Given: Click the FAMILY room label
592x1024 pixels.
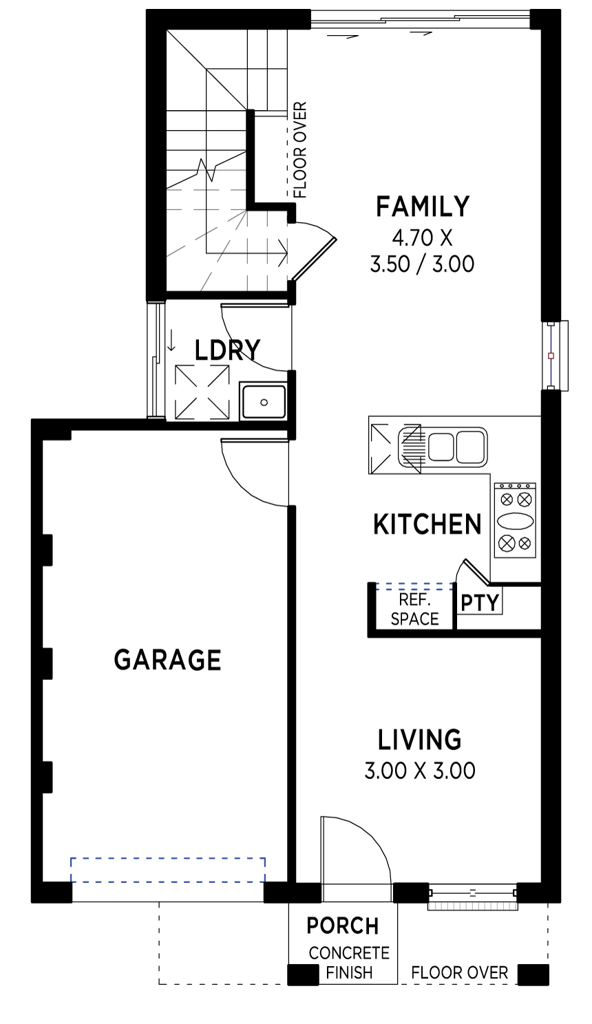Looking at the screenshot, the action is click(x=423, y=206).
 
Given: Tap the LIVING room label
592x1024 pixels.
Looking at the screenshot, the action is click(x=420, y=740).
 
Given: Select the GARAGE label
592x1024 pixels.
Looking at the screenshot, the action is click(x=167, y=660).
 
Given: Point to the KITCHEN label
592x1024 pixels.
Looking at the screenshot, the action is click(x=427, y=524).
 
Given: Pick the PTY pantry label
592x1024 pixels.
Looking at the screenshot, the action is click(x=480, y=603).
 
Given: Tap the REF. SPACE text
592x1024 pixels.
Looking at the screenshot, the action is click(x=414, y=609).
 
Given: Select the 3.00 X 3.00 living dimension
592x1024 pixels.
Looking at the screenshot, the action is click(x=420, y=771).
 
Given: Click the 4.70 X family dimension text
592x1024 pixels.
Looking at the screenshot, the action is click(x=422, y=237).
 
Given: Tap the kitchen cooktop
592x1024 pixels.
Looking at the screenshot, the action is click(x=515, y=521).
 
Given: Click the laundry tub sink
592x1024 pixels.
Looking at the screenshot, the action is click(x=264, y=403).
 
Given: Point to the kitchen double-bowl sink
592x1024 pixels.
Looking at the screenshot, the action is click(x=442, y=447).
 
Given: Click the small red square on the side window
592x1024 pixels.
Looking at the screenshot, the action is click(x=551, y=355).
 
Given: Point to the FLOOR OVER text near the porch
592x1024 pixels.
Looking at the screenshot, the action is click(x=459, y=972).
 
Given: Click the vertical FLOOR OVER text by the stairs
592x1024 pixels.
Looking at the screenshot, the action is click(x=299, y=150).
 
